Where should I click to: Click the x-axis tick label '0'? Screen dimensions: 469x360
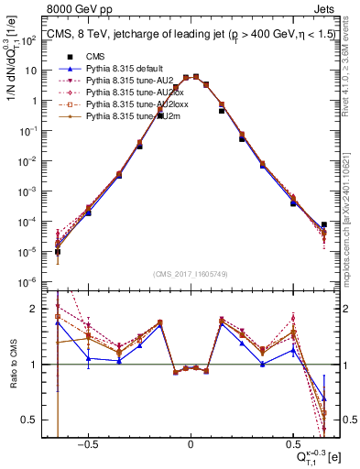tap(191, 442)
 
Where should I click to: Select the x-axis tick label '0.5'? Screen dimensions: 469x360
tap(293, 442)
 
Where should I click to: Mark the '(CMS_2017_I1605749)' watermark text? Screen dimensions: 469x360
tap(190, 274)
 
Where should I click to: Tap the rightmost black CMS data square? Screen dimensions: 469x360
tap(324, 224)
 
